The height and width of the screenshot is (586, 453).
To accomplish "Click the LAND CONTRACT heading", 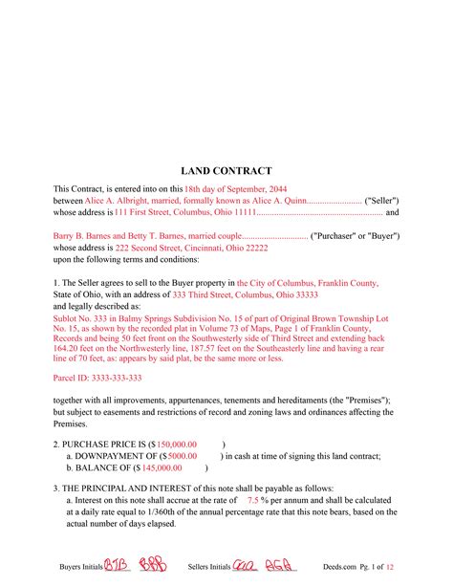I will click(x=226, y=170).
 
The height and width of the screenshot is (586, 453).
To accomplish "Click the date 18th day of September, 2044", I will click(x=214, y=190).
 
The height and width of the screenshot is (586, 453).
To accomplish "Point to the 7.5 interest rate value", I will click(x=253, y=501).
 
